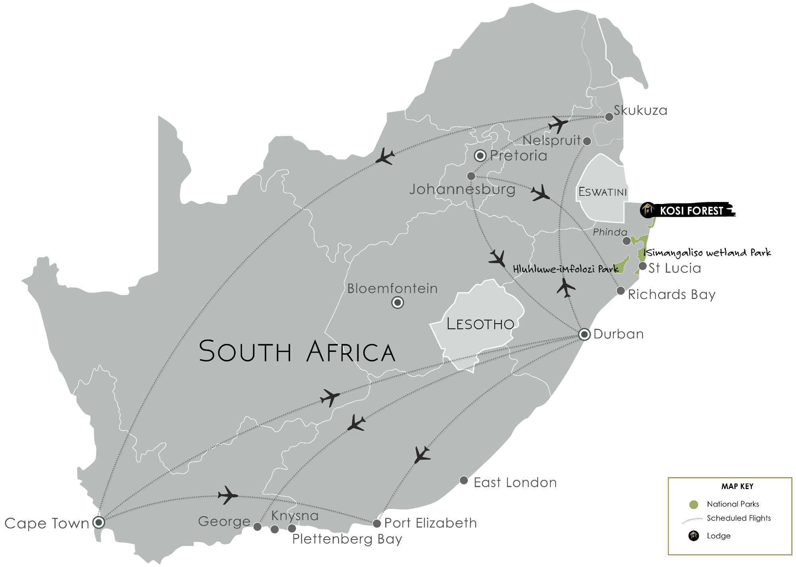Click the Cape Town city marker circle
(99, 522)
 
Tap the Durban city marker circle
(584, 334)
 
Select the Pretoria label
(519, 155)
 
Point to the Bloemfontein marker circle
(398, 303)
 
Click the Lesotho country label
(480, 324)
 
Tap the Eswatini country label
(603, 192)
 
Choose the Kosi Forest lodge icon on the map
(648, 210)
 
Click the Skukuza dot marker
(609, 117)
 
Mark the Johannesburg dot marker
(471, 176)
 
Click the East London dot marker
(464, 480)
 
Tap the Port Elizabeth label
(430, 522)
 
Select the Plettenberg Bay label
(347, 539)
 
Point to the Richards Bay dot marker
(620, 291)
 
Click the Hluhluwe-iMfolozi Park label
(566, 269)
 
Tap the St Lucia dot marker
(642, 266)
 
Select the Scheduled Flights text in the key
(739, 518)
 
